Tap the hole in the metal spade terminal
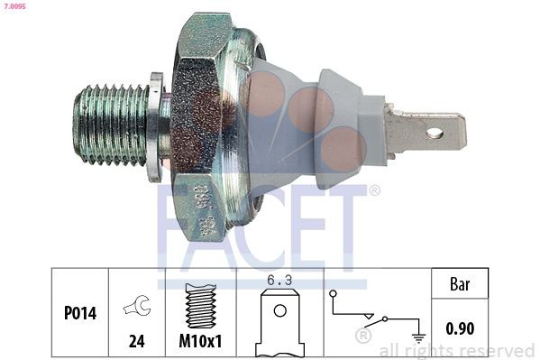[434, 134]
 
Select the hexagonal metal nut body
[212, 126]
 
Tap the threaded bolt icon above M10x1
[201, 306]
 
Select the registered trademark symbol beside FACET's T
[374, 190]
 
